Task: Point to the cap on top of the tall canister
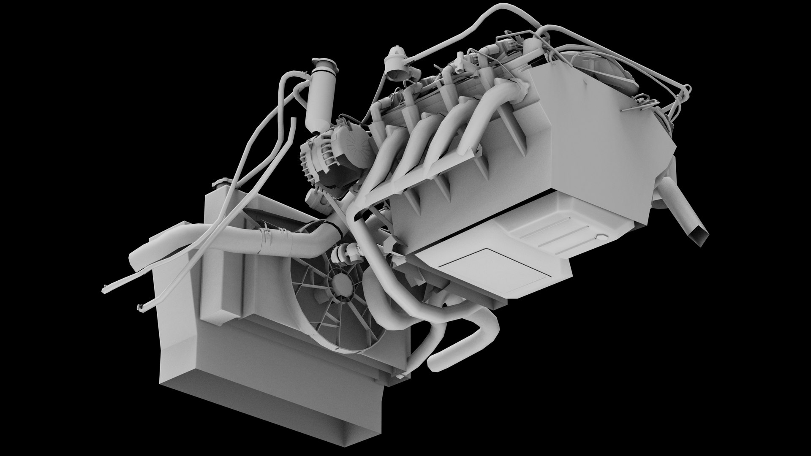point(325,65)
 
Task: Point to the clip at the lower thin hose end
point(139,307)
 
